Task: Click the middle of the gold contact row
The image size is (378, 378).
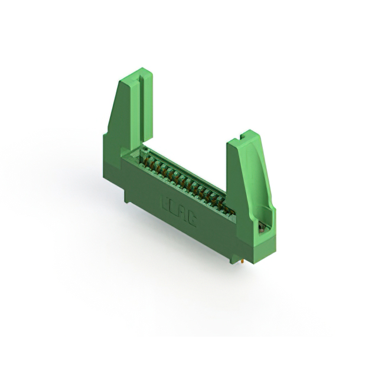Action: coord(184,182)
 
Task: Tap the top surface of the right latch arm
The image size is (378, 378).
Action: coord(243,137)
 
